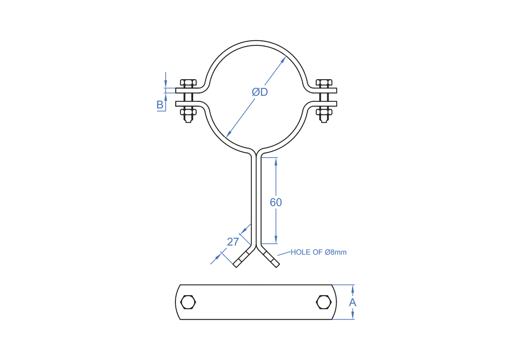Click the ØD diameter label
click(260, 92)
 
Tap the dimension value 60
click(276, 202)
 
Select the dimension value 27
click(233, 242)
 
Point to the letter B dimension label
click(160, 104)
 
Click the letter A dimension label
click(353, 302)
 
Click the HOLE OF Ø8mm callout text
click(318, 252)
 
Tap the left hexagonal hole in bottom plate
click(188, 302)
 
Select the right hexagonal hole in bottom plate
click(323, 302)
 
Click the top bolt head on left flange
click(188, 83)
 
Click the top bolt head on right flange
click(324, 83)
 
